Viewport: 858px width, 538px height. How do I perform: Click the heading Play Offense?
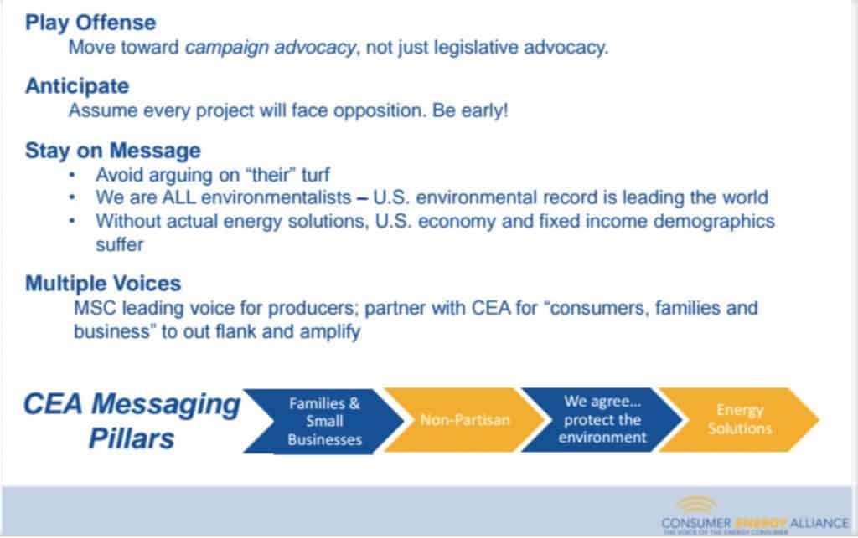(90, 23)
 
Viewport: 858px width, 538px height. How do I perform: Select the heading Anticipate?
(77, 86)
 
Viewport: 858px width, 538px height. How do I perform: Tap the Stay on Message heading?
(113, 151)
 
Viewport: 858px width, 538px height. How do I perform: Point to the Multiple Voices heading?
(103, 284)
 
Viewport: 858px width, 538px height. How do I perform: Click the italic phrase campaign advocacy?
(271, 48)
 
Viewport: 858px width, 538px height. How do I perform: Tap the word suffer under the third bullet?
(119, 244)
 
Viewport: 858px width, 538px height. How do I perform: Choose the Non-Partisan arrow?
(464, 420)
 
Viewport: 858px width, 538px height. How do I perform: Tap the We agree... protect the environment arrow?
(602, 419)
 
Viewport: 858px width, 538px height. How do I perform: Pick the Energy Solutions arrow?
(739, 419)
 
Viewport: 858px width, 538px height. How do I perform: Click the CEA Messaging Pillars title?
(132, 421)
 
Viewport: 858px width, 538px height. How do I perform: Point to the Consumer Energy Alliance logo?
(755, 515)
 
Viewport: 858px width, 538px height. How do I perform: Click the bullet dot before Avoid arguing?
(72, 175)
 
